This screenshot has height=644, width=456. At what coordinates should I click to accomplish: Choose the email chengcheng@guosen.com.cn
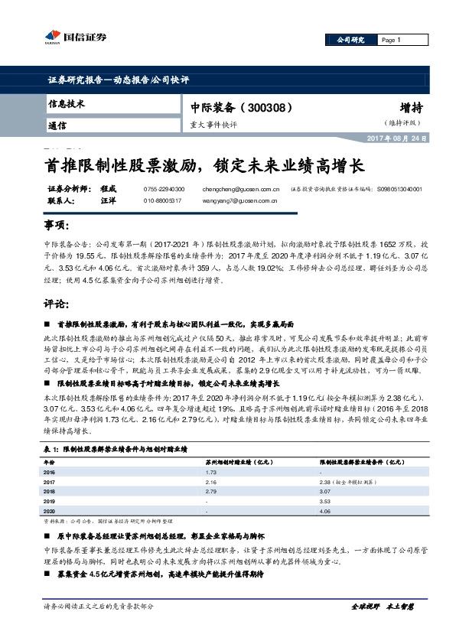pos(243,188)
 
